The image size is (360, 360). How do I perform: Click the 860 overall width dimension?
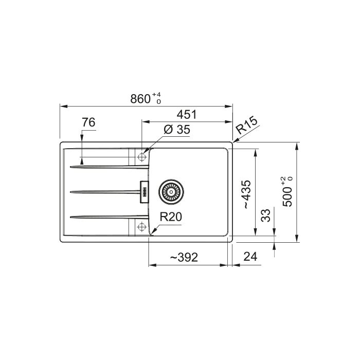(140, 99)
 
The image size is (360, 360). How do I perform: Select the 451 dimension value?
(187, 115)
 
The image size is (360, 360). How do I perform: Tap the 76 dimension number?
(88, 122)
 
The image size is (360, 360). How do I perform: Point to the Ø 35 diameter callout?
(177, 130)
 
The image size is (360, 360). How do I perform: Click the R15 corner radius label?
(247, 126)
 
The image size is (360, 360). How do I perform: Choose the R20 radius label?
(171, 217)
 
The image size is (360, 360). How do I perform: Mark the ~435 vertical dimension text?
(247, 194)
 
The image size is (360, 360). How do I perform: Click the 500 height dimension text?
(287, 197)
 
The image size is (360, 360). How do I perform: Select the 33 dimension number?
(266, 215)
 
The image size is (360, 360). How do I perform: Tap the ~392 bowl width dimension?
(184, 257)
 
